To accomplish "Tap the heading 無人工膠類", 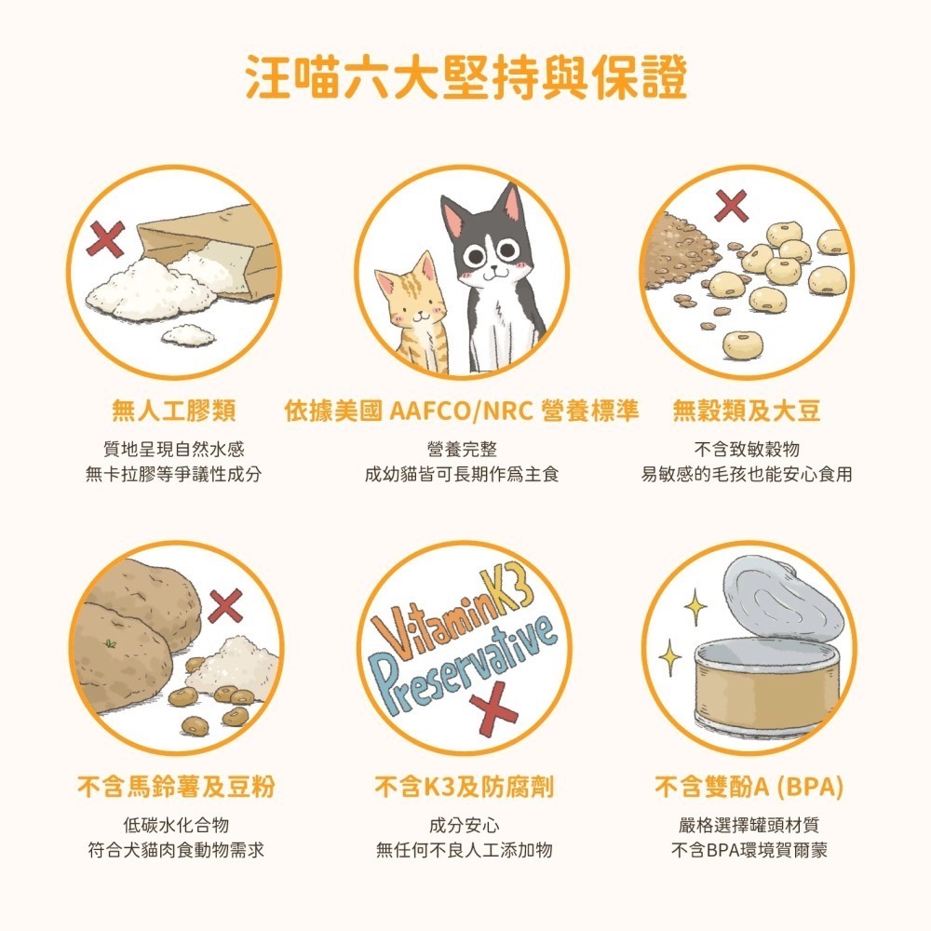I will [173, 411].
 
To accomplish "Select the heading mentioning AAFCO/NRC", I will [462, 411].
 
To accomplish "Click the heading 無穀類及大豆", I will [747, 411].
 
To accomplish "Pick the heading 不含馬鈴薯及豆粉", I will [175, 788].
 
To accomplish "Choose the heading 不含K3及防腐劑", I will [464, 788].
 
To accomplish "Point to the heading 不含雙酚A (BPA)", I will [749, 788].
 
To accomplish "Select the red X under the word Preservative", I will [492, 713].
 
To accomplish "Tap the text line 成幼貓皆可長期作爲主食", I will [462, 475].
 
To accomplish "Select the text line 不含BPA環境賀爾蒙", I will [749, 850].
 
